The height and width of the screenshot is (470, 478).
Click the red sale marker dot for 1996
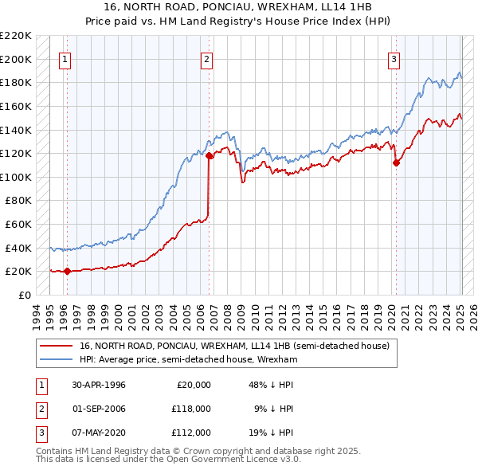pos(67,271)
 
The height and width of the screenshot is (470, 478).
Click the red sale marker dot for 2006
pos(210,156)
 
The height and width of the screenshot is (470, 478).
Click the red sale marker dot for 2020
pos(396,163)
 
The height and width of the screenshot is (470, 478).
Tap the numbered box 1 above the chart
pos(64,58)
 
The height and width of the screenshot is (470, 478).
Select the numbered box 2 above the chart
pos(206,58)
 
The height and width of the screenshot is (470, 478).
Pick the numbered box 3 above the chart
pos(394,58)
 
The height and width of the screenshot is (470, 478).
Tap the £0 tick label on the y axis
pos(25,295)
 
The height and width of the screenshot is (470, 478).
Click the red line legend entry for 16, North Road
pos(234,346)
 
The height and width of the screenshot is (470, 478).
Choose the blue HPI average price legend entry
pos(188,360)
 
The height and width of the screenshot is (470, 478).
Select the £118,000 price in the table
pos(192,408)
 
